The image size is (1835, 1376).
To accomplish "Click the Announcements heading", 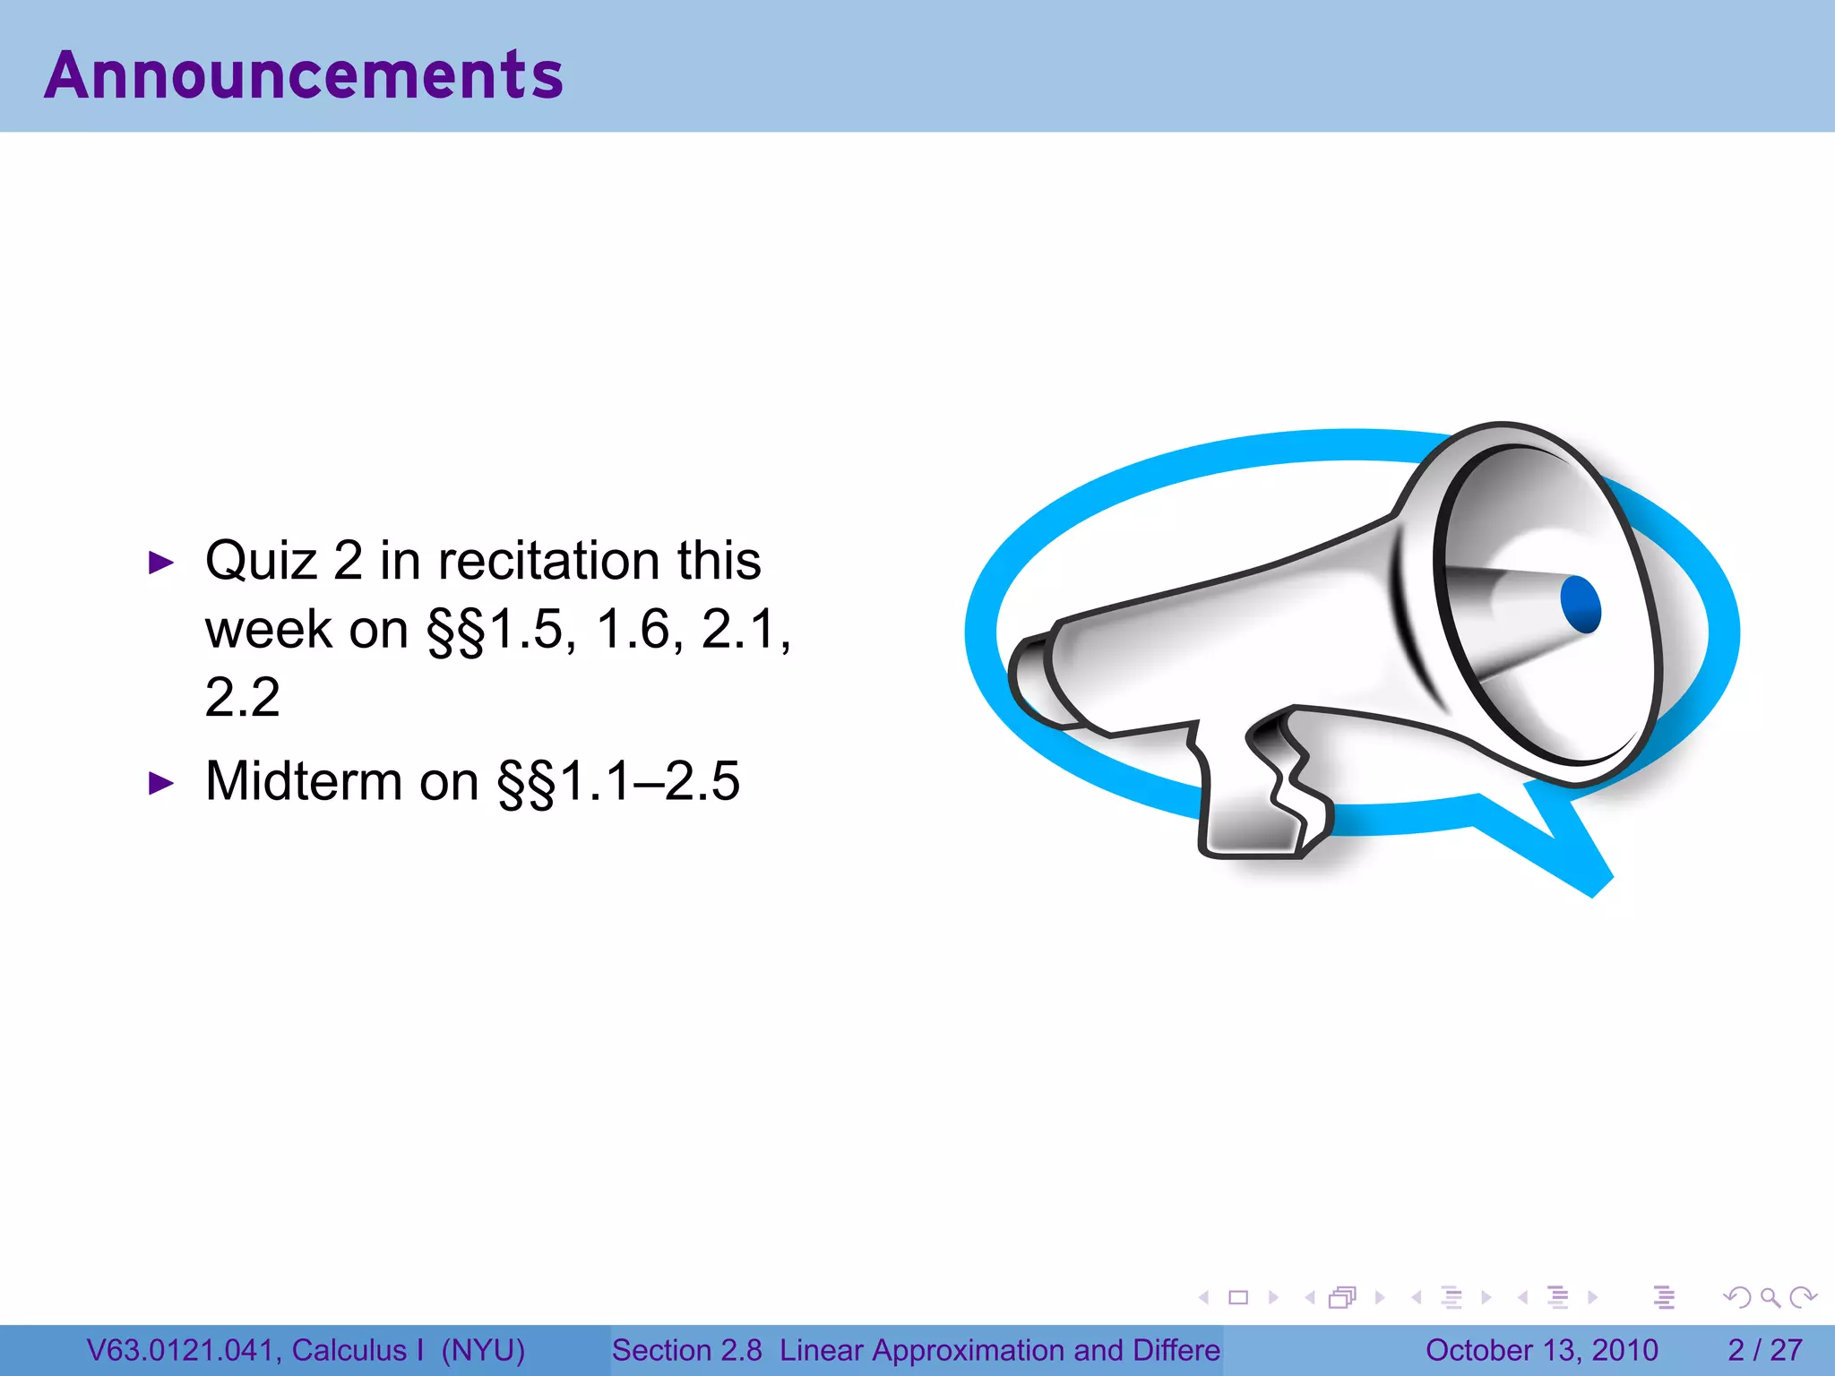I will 304,75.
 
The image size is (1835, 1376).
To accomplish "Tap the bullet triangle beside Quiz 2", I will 160,563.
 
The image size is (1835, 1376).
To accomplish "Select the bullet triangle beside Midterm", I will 160,784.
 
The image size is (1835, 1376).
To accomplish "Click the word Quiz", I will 261,562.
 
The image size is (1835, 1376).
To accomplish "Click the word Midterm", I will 304,781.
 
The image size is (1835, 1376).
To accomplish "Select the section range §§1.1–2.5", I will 618,781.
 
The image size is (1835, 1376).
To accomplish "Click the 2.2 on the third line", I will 242,698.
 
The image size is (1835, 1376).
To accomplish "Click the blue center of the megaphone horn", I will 1580,605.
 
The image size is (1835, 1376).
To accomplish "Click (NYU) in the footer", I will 483,1350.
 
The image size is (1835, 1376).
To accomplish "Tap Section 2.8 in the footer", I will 686,1350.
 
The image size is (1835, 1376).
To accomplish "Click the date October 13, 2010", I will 1541,1350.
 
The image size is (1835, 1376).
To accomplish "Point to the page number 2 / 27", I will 1764,1350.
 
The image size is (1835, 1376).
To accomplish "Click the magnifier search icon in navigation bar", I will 1770,1297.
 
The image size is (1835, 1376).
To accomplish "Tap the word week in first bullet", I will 268,630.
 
